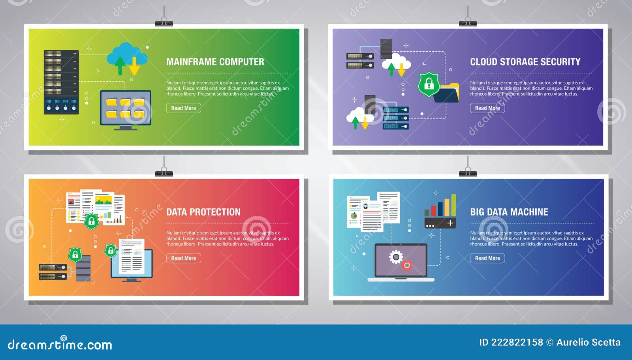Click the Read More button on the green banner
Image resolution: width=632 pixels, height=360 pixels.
point(183,108)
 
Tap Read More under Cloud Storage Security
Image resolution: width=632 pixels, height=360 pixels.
point(487,108)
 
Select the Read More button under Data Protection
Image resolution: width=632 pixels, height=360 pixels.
point(183,258)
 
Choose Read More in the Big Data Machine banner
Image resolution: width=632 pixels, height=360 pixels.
point(487,258)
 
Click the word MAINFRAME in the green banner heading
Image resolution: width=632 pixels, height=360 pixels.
point(191,62)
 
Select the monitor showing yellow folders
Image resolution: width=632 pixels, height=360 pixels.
point(126,109)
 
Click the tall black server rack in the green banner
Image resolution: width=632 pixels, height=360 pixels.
point(61,82)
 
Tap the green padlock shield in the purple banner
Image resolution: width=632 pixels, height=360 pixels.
point(429,84)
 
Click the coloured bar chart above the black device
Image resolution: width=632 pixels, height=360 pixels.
point(440,205)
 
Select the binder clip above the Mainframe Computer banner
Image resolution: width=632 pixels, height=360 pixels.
point(164,22)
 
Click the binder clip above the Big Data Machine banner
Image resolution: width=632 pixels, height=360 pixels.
point(468,172)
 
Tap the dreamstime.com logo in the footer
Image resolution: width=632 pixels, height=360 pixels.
point(60,344)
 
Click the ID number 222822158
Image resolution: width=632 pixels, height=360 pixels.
point(517,342)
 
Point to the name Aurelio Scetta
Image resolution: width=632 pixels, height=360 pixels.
point(588,342)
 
